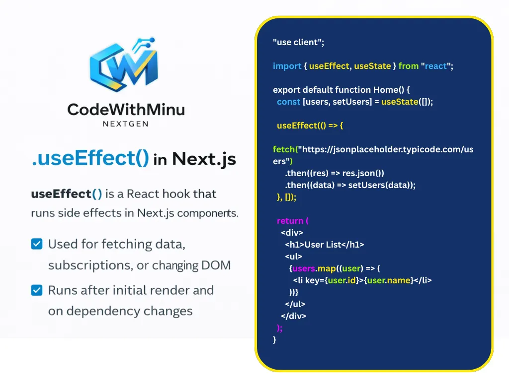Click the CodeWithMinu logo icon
124,65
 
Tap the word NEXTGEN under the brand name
126,124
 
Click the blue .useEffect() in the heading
90,158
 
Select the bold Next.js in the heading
204,159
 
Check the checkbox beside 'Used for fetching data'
37,244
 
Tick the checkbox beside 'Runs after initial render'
37,290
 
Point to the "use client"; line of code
298,42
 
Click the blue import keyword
287,66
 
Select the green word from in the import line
409,66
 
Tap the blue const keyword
288,102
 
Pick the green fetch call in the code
284,149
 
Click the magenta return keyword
290,221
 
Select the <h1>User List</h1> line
324,245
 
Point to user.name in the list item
389,280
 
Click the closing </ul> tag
295,304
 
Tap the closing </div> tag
293,316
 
